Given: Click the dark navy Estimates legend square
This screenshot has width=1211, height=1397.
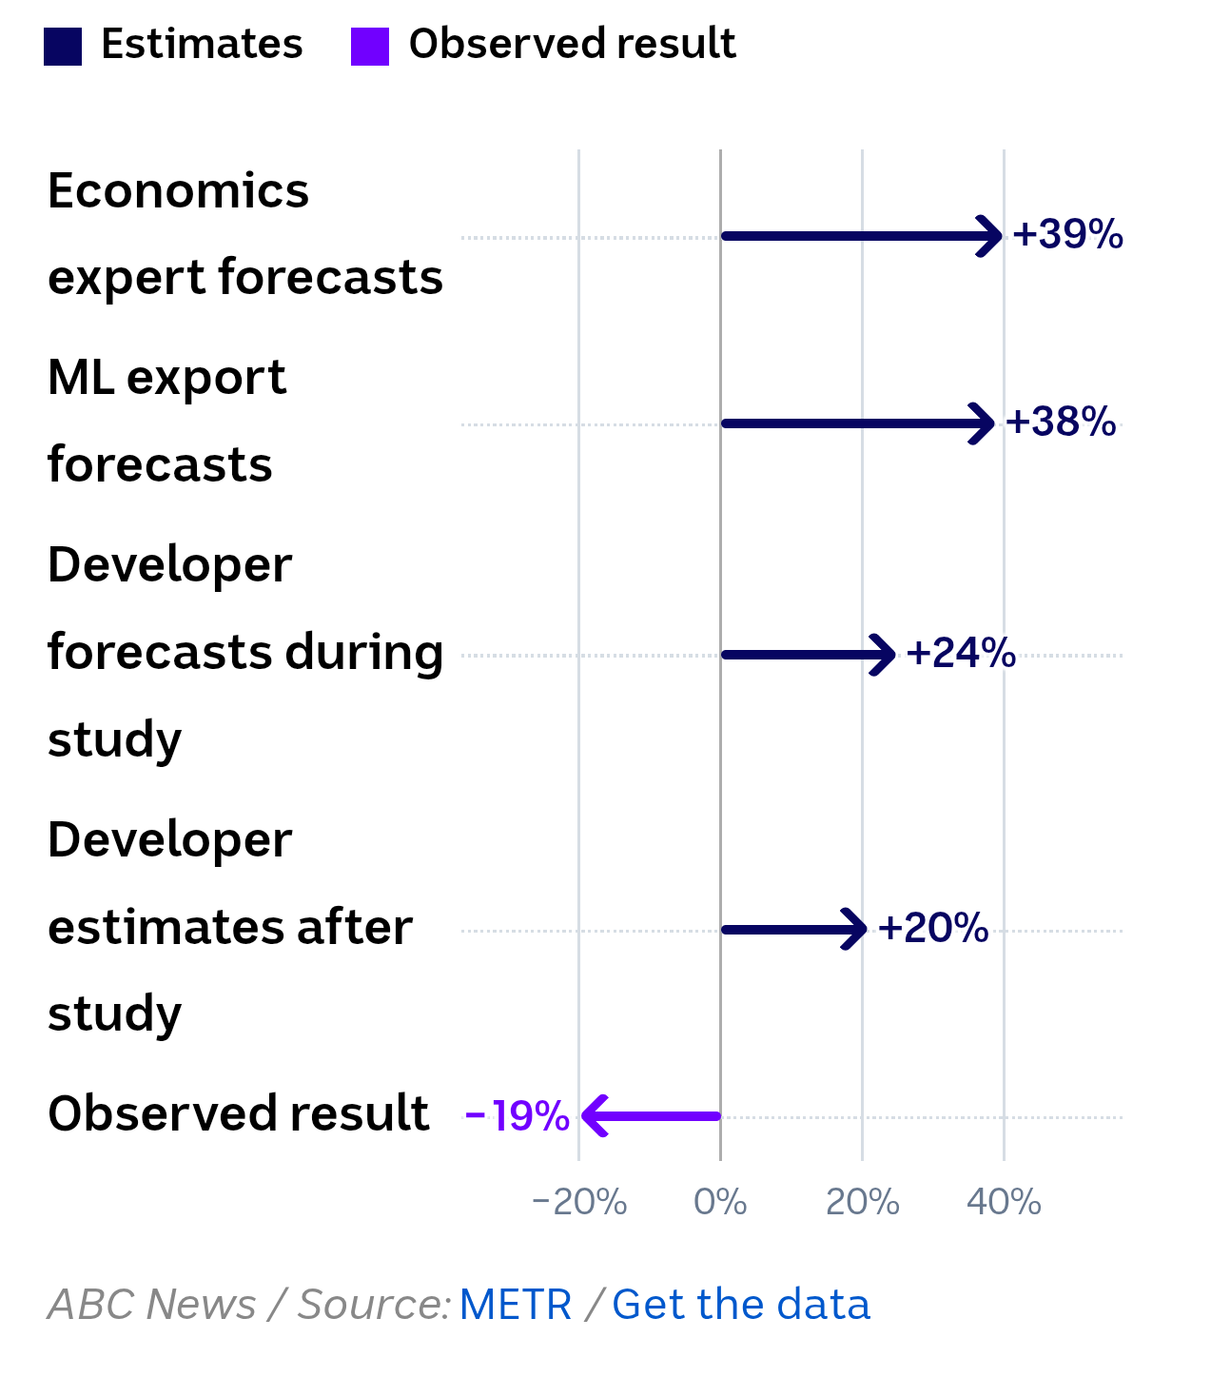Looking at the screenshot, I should click(63, 47).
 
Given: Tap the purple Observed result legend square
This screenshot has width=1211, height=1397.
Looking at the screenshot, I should click(370, 47).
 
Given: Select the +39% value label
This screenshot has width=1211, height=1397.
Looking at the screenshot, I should click(1067, 234).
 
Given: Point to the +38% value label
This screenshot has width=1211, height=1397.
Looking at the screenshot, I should click(1060, 422).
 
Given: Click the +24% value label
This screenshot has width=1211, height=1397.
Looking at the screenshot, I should click(961, 653).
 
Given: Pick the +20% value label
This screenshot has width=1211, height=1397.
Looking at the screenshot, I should click(933, 928).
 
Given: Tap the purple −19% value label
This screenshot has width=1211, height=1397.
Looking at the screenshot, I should click(518, 1116).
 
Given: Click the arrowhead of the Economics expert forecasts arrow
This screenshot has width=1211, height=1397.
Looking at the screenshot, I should click(991, 236).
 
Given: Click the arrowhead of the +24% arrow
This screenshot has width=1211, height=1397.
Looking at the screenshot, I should click(885, 655).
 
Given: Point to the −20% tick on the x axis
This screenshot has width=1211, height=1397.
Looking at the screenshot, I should click(579, 1202).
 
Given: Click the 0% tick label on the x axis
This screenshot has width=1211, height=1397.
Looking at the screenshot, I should click(720, 1202).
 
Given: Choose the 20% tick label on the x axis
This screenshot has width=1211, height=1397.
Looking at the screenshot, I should click(862, 1202).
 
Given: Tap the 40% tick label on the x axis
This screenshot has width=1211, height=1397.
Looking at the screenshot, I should click(1004, 1202).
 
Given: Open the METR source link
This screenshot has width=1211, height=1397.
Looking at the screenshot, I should click(516, 1305).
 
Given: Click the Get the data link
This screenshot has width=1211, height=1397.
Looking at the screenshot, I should click(740, 1305).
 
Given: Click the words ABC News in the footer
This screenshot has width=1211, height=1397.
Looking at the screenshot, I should click(152, 1305).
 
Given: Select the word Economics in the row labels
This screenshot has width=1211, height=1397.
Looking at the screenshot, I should click(178, 190).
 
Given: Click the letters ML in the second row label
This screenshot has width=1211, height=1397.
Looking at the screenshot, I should click(81, 378).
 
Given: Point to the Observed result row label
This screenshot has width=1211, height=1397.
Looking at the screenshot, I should click(238, 1113).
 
